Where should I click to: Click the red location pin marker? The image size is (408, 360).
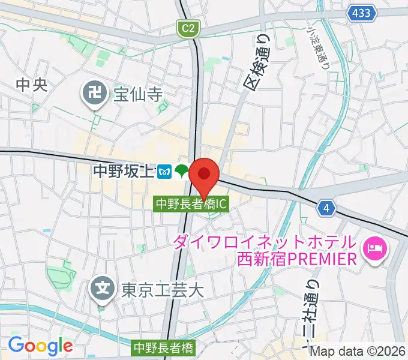click(x=204, y=176)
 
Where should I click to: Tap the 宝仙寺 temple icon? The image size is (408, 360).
click(x=94, y=93)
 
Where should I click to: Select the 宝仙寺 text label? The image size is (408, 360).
click(x=138, y=94)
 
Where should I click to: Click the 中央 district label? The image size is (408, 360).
click(x=31, y=86)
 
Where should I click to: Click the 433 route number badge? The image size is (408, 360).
click(x=361, y=12)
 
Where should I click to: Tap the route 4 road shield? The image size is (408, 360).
click(x=326, y=208)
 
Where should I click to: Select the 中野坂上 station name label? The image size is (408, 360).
click(x=124, y=172)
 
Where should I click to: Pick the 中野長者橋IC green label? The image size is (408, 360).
click(x=191, y=204)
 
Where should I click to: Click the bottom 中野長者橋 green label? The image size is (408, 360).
click(x=164, y=347)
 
